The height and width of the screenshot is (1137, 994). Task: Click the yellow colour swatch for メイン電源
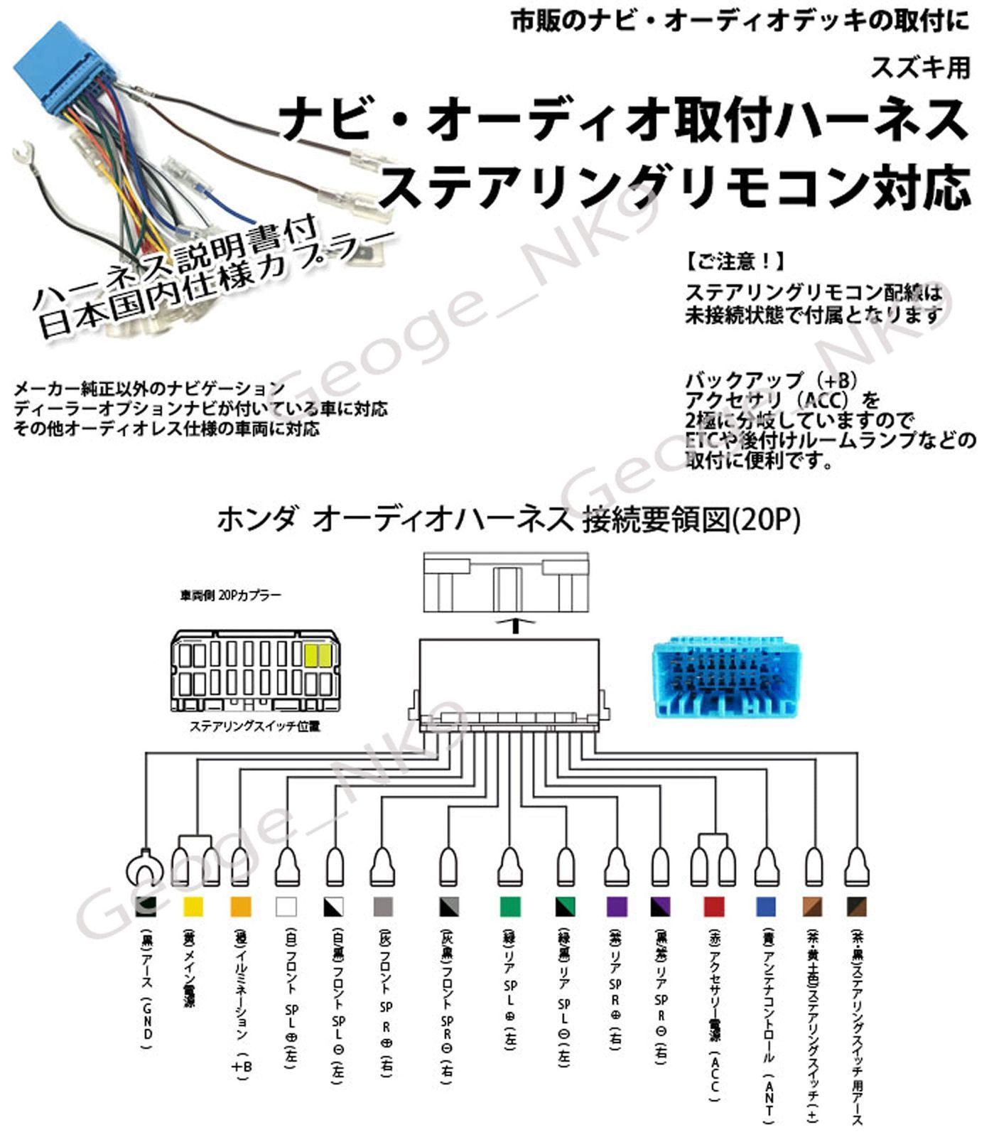193,907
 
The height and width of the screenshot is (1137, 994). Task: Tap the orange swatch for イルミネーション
240,907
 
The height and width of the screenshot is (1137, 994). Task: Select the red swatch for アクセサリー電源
713,907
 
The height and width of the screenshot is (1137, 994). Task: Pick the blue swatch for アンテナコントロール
766,907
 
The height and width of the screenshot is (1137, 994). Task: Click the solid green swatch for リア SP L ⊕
510,907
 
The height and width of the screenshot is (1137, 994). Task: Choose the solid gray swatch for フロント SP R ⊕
383,907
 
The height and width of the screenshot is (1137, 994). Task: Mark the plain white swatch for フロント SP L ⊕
286,907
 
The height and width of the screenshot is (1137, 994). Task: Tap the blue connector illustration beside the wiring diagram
725,680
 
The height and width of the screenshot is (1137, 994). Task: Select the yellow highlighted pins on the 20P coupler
318,654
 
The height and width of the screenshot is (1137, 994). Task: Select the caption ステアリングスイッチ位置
254,726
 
